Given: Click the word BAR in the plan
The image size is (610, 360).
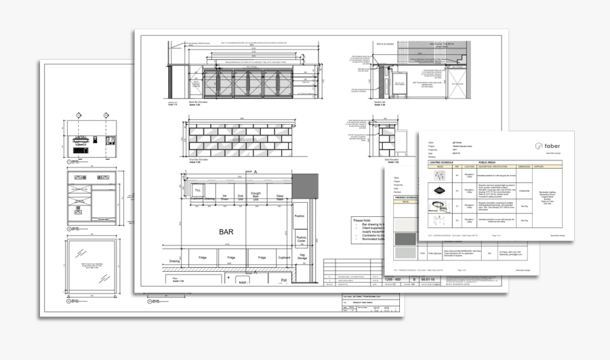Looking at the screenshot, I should coord(226,231).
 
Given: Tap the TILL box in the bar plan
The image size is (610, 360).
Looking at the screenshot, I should coord(199,191).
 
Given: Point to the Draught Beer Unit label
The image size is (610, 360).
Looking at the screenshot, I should coord(256,198).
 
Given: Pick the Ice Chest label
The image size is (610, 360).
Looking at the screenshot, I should coord(225,198).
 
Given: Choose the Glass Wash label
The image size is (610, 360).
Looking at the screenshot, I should coord(280,198).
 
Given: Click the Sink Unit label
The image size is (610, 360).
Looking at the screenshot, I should coord(241,198).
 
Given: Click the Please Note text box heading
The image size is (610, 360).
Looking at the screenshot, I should coord(365,220).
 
